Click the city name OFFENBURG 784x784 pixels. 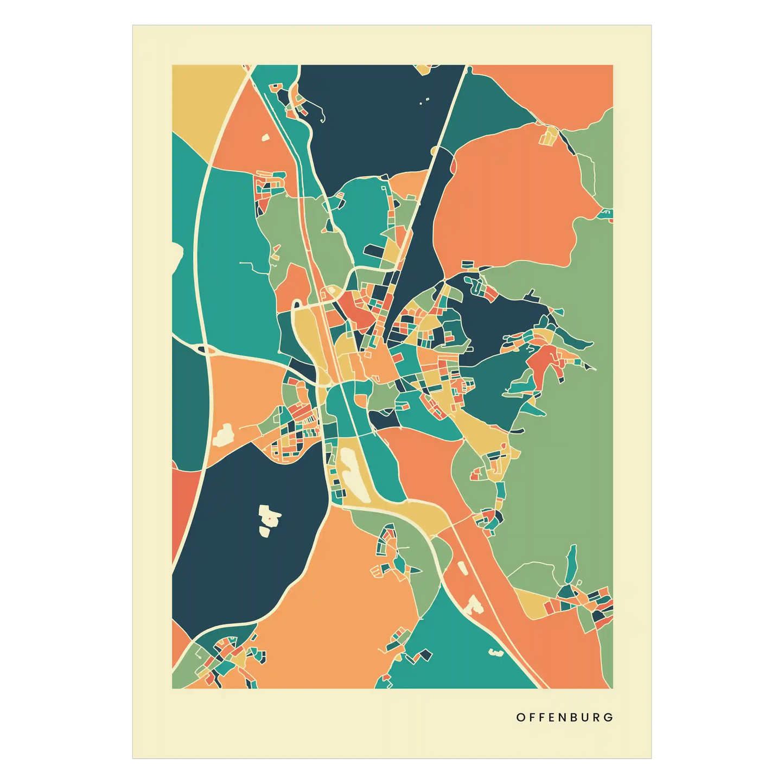tap(564, 717)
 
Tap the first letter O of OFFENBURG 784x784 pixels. tap(520, 717)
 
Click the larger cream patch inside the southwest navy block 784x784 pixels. tap(269, 519)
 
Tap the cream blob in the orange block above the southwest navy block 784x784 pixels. tap(223, 435)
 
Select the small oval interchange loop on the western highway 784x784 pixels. tap(206, 350)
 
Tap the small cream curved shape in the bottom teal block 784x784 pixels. tap(495, 652)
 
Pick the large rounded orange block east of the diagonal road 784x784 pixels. tap(510, 201)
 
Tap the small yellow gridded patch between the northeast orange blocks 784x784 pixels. tap(549, 136)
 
